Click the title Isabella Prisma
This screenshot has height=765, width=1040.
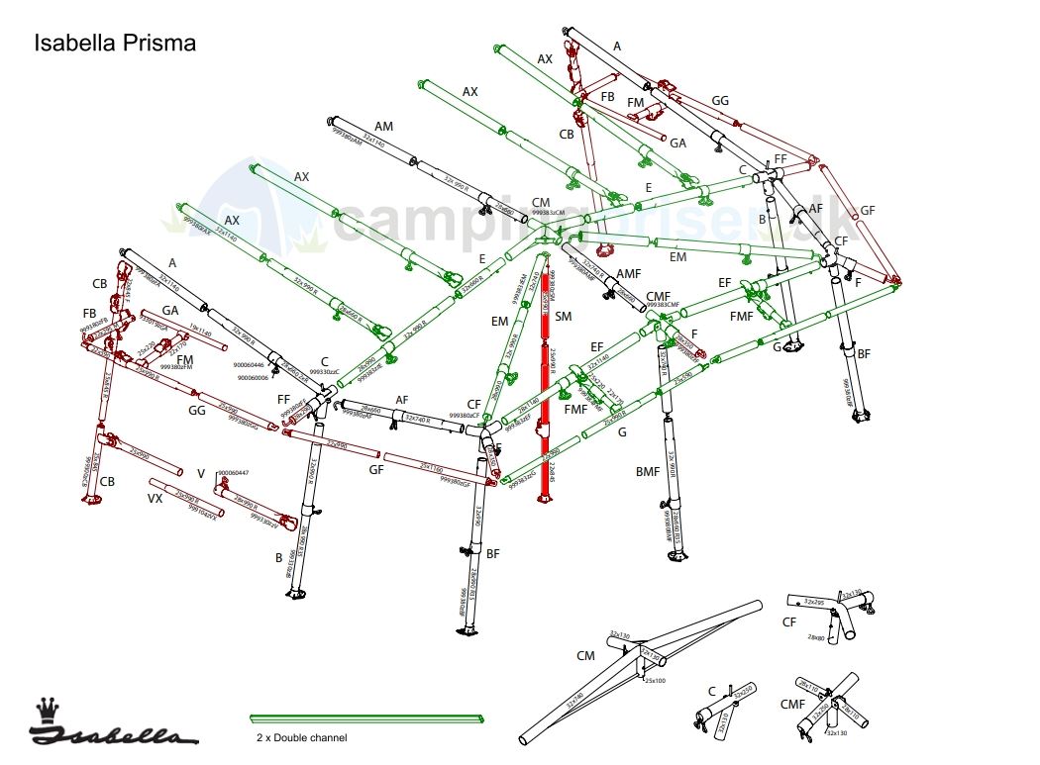(x=115, y=44)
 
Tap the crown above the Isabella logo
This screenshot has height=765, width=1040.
(x=47, y=711)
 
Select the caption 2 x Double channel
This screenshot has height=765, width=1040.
(x=301, y=738)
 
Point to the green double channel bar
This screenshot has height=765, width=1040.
(x=366, y=718)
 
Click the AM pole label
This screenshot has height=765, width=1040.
(x=383, y=126)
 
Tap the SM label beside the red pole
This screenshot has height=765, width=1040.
(x=564, y=317)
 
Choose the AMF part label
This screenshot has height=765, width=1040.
(x=629, y=273)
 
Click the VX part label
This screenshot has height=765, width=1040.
(x=155, y=499)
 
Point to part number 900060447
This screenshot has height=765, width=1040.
(x=234, y=473)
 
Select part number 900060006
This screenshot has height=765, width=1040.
(x=251, y=377)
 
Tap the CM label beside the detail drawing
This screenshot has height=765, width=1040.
(x=585, y=655)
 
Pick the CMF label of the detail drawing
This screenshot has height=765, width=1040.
(x=792, y=706)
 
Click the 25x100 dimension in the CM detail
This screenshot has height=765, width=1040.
(x=657, y=681)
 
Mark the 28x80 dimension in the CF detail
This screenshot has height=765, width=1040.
(x=816, y=636)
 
